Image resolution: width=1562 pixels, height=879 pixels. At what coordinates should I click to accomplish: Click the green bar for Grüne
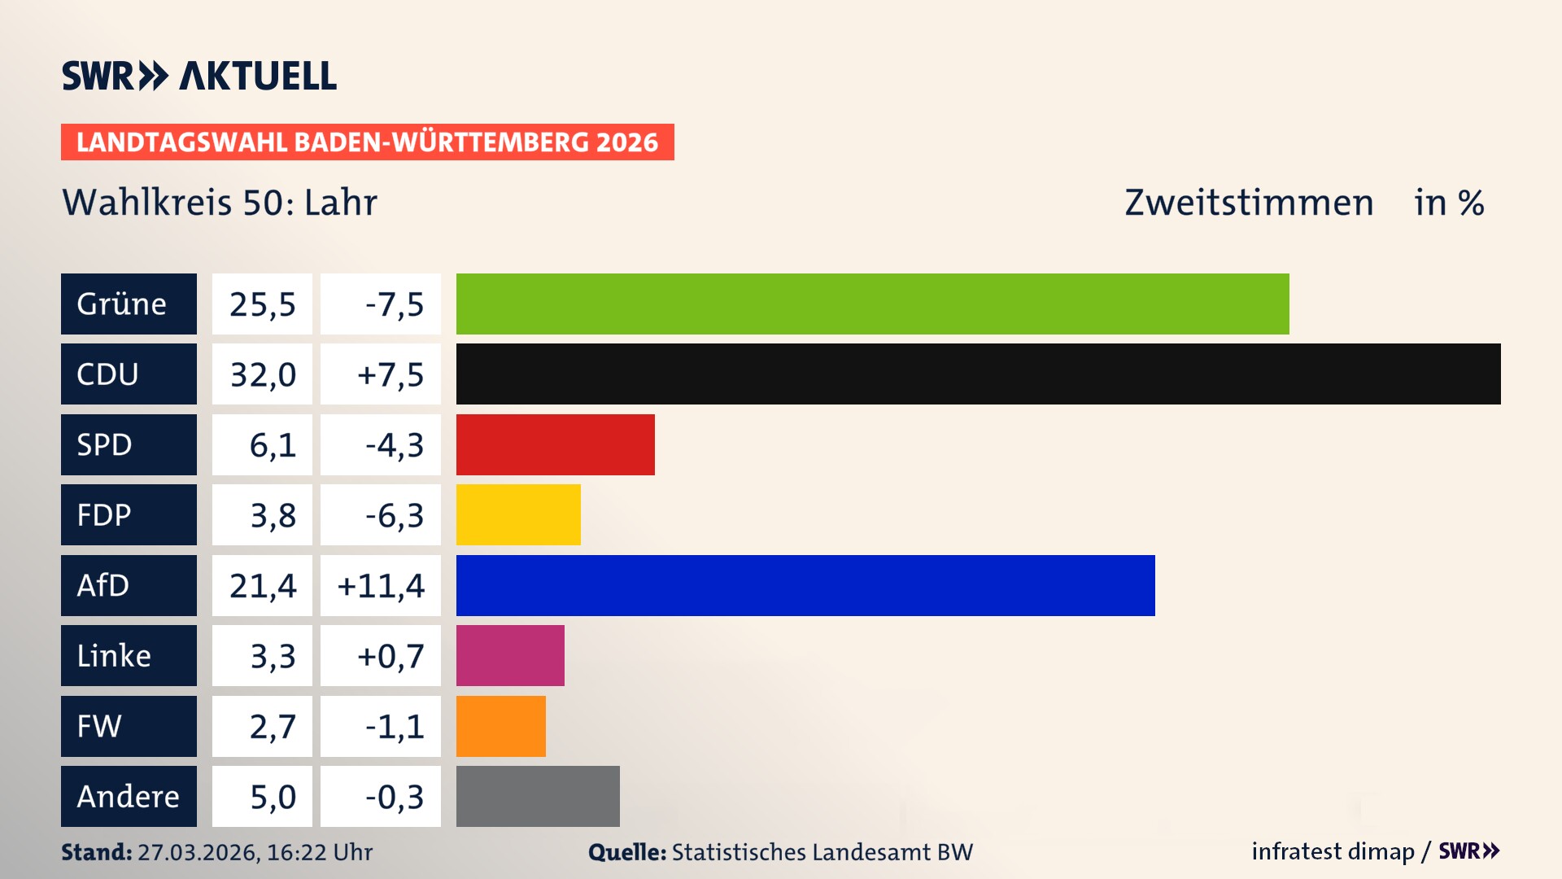click(x=872, y=304)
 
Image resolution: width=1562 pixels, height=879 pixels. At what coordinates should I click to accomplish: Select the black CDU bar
click(x=978, y=374)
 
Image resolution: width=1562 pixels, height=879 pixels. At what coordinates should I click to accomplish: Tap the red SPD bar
click(x=555, y=444)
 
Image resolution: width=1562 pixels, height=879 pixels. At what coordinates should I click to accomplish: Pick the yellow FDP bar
click(x=518, y=514)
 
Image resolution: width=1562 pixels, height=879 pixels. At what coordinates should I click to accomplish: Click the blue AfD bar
click(x=805, y=585)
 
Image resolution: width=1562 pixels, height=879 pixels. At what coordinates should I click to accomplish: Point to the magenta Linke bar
click(x=510, y=655)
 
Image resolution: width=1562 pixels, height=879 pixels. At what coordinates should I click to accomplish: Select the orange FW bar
click(x=500, y=726)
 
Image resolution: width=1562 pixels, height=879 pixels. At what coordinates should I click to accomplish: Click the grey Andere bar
click(x=538, y=796)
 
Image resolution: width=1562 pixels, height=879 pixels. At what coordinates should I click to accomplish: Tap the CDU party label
click(x=129, y=374)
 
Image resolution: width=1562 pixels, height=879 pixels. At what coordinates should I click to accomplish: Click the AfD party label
click(x=129, y=585)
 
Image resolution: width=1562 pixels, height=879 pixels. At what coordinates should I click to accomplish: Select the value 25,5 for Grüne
click(x=262, y=304)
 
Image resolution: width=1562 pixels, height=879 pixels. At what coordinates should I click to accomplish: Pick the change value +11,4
click(x=381, y=585)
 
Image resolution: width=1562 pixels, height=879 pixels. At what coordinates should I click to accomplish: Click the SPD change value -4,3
click(x=394, y=444)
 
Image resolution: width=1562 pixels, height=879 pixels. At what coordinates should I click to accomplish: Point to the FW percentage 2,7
click(x=272, y=726)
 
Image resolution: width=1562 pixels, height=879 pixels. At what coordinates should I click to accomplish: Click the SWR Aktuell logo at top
click(x=199, y=76)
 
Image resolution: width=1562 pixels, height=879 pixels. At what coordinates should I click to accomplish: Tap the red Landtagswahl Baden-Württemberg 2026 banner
click(x=367, y=142)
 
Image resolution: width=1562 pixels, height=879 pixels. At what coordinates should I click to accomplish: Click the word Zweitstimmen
click(x=1249, y=203)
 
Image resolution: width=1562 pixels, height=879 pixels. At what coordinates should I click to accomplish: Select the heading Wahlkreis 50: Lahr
click(x=220, y=203)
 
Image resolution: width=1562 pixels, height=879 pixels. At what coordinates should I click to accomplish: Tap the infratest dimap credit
click(x=1333, y=851)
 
